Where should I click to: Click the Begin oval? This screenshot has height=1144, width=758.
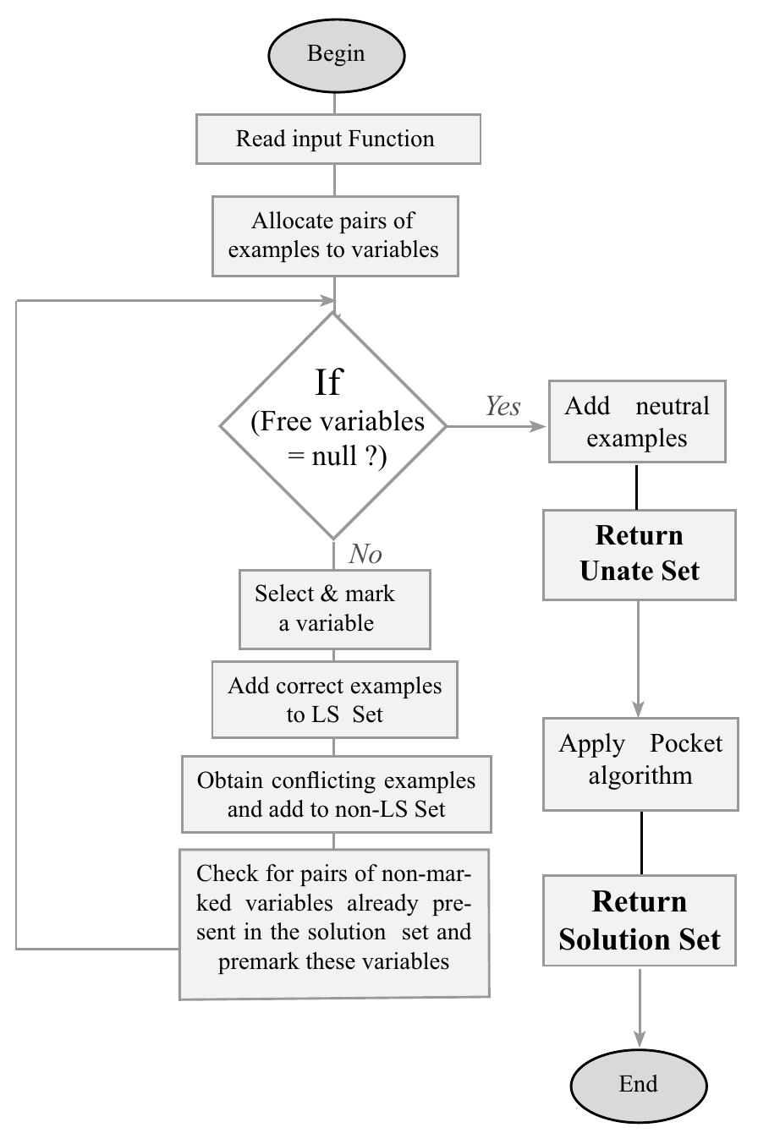(336, 54)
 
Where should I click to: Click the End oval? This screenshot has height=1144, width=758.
(639, 1085)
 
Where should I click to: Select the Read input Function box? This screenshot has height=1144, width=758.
(338, 139)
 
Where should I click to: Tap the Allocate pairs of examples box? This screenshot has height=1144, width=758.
(334, 236)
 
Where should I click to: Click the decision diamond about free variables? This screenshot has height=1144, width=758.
(334, 426)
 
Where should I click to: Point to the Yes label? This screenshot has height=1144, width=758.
(503, 407)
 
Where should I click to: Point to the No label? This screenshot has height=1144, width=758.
(365, 554)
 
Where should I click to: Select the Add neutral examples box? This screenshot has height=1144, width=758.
(637, 422)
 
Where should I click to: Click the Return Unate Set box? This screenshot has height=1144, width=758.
(639, 555)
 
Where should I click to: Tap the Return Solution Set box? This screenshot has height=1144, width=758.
(640, 921)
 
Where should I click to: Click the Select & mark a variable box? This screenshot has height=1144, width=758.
(334, 609)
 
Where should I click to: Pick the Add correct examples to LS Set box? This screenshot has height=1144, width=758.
(334, 699)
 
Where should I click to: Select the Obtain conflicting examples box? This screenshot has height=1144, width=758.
(336, 794)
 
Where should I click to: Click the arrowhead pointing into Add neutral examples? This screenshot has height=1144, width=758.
(540, 426)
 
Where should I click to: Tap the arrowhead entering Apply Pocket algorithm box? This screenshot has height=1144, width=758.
(639, 709)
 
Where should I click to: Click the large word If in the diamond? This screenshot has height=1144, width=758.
(328, 382)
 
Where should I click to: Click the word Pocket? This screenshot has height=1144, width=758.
(686, 744)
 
